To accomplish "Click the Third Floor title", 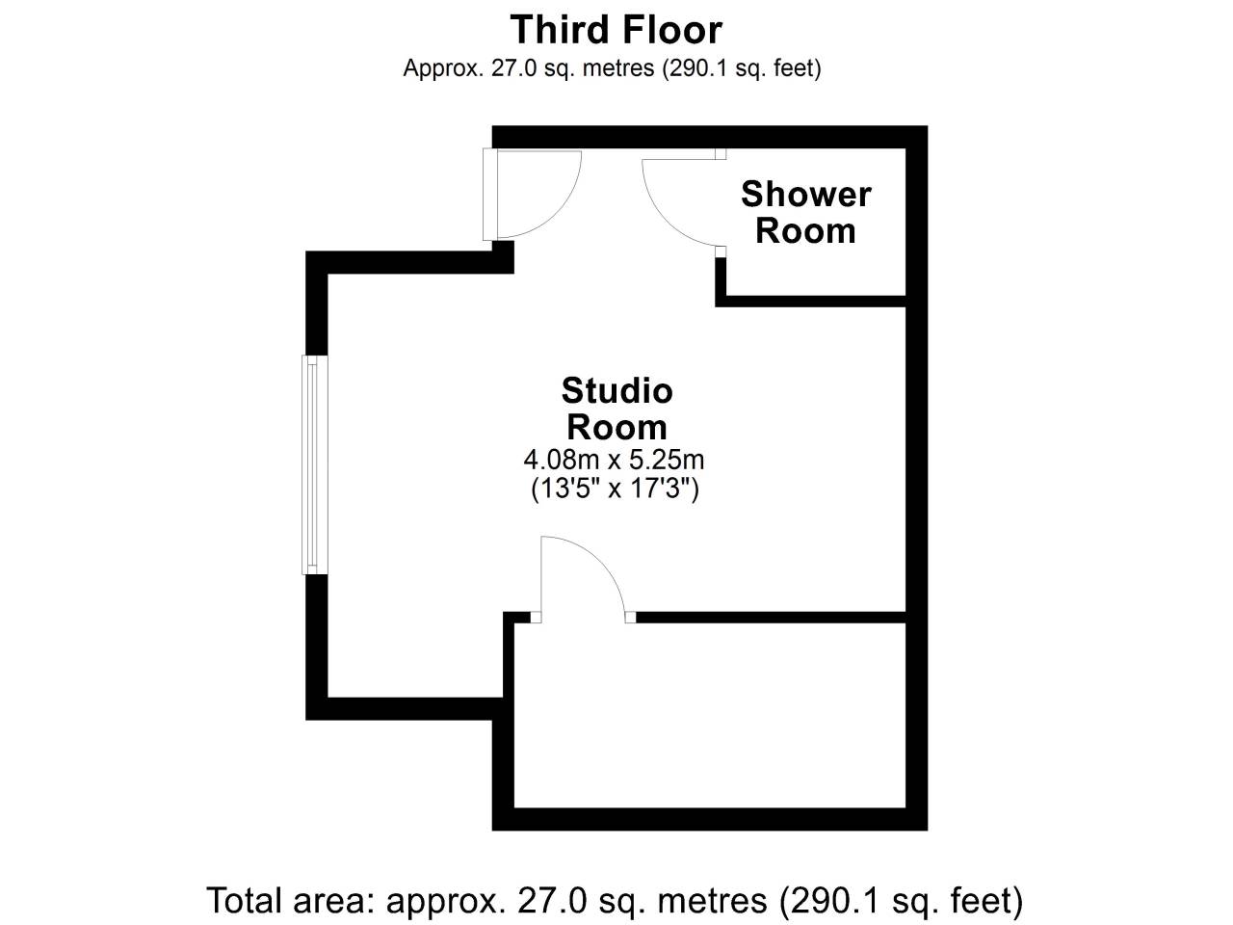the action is [x=616, y=30].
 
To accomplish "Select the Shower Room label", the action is [x=805, y=212].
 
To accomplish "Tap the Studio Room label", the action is [x=616, y=409].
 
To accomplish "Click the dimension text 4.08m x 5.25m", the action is [x=614, y=460].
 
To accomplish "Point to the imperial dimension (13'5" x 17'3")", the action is [x=616, y=489].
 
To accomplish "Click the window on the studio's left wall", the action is [x=315, y=465].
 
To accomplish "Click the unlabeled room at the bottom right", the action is [x=710, y=715].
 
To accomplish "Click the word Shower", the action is [x=805, y=195].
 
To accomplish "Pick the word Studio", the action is [x=616, y=391].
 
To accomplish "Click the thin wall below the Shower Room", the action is [x=810, y=301].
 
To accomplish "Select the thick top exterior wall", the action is [x=710, y=137].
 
